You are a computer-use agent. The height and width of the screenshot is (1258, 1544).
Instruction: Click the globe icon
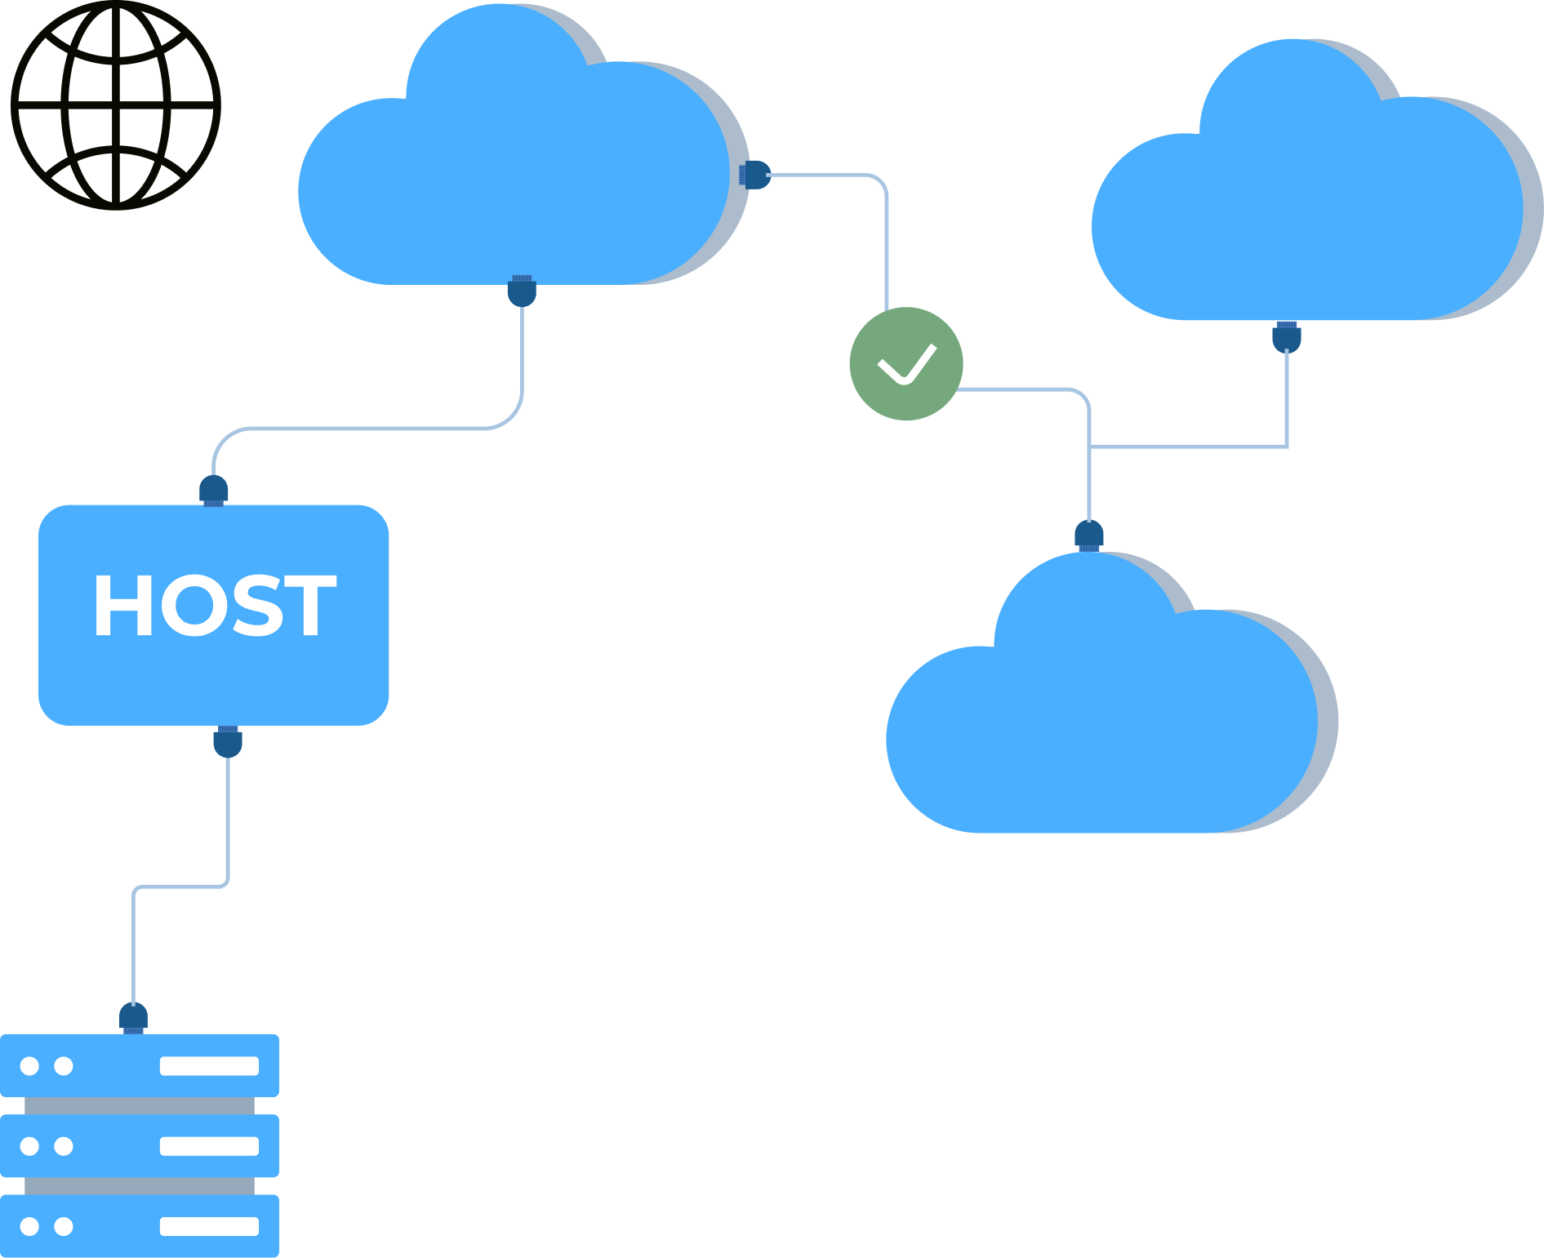tap(116, 105)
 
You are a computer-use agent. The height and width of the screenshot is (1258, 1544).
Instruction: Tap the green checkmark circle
tap(906, 364)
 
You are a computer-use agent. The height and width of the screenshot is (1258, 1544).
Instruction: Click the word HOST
tap(215, 605)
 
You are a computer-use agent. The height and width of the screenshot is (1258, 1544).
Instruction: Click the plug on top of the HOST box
tap(214, 491)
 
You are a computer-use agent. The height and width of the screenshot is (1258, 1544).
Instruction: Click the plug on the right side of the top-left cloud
tap(755, 175)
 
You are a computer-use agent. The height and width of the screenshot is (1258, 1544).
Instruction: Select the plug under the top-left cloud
tap(522, 291)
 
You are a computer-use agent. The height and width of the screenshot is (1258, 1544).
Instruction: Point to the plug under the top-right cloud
tap(1286, 336)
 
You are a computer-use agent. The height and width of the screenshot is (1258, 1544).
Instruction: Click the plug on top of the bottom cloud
tap(1089, 536)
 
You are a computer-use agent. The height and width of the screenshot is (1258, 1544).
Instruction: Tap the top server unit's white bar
tap(209, 1066)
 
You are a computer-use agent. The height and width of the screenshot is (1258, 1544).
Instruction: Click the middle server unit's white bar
tap(209, 1146)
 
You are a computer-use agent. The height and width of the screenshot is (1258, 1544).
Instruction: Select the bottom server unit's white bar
tap(209, 1226)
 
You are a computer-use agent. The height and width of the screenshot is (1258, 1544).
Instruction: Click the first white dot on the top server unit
tap(29, 1066)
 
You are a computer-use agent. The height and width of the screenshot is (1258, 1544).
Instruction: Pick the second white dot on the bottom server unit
tap(64, 1226)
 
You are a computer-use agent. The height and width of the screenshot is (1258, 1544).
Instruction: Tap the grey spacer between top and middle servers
tap(140, 1105)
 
